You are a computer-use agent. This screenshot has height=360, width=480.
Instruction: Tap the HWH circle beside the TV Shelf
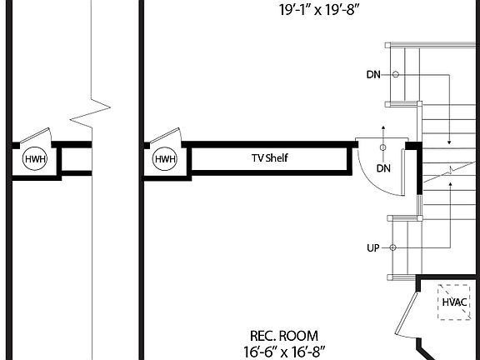tap(165, 159)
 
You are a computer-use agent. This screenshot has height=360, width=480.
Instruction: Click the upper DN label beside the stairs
tap(373, 75)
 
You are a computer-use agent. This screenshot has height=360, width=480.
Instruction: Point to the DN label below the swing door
tap(383, 168)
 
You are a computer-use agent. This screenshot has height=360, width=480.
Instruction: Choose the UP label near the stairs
tap(373, 248)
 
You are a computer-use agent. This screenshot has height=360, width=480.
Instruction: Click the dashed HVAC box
tap(454, 302)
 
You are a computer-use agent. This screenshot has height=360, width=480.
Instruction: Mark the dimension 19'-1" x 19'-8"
tap(313, 11)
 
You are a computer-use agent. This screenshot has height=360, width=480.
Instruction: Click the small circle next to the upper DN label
tap(395, 75)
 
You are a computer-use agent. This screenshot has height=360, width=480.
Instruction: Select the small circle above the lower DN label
tap(383, 148)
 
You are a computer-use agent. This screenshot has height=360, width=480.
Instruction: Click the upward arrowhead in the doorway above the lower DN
tap(383, 128)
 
